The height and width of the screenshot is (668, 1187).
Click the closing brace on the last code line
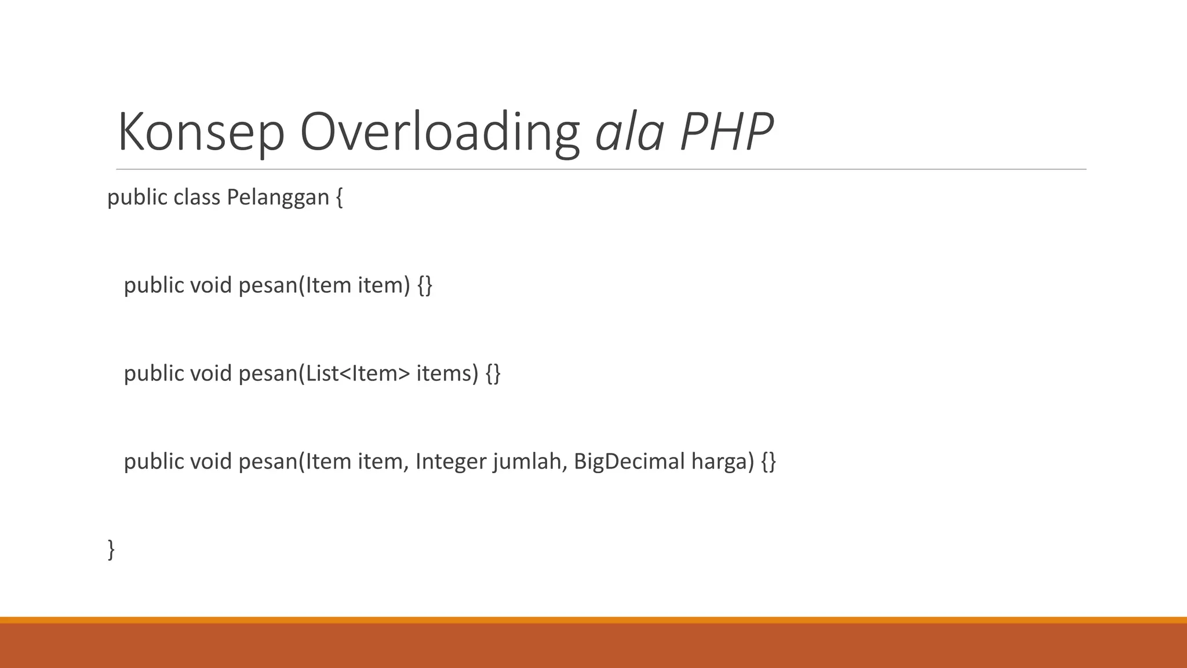(x=111, y=549)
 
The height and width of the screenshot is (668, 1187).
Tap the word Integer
(x=451, y=462)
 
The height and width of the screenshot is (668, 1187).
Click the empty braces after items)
(x=493, y=373)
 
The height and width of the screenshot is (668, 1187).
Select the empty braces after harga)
(x=769, y=462)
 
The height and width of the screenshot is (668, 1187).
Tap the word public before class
(x=137, y=198)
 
